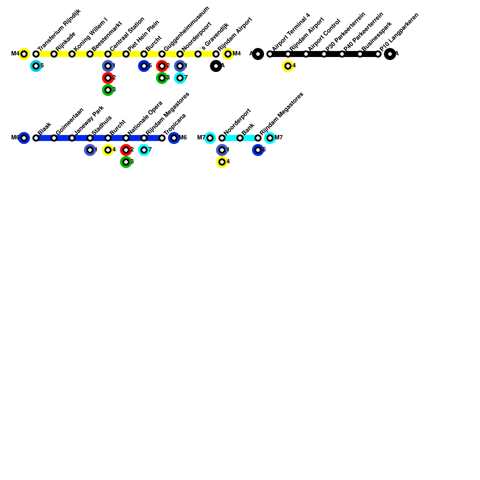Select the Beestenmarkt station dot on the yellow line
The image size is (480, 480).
(90, 54)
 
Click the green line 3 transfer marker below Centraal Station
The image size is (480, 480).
(108, 90)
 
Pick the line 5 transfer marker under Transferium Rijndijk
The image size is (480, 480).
(36, 66)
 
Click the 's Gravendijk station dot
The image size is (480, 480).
(198, 54)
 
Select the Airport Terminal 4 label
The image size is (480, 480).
(291, 32)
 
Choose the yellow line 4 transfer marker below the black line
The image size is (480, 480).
(288, 66)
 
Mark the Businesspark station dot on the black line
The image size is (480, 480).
(360, 54)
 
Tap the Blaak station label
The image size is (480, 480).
(44, 129)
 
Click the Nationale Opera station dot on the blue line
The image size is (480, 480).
(126, 138)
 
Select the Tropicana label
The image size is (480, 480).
(175, 124)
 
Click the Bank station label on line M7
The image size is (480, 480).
(248, 129)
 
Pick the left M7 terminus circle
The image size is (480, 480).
(210, 138)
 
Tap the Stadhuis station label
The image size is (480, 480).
(101, 125)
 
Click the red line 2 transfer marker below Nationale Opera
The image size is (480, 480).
(126, 150)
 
